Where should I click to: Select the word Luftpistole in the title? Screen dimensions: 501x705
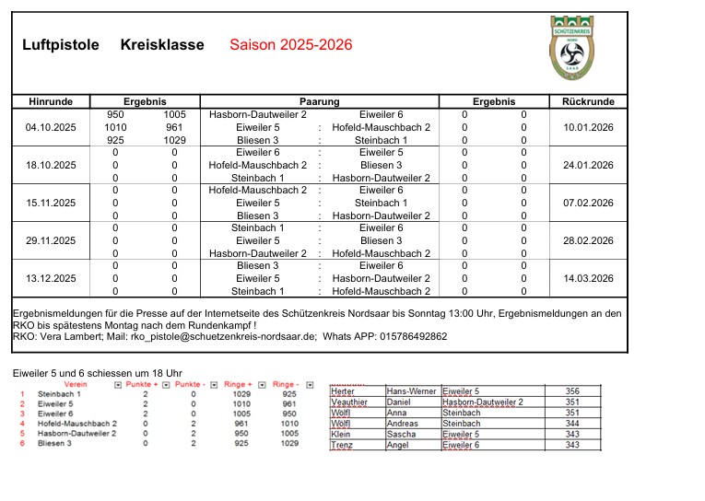[x=61, y=45]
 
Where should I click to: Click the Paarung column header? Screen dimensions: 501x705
[x=320, y=101]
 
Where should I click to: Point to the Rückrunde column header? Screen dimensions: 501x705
[x=588, y=101]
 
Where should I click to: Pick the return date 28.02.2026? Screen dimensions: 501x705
[x=588, y=240]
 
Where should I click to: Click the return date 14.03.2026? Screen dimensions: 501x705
[x=588, y=278]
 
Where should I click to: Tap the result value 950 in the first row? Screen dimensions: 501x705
[x=116, y=114]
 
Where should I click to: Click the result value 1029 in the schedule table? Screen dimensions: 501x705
[x=174, y=140]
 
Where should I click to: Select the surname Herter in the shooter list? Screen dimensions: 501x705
[x=342, y=391]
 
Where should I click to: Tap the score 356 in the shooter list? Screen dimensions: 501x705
[x=572, y=391]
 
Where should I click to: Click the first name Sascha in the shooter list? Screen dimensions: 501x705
[x=401, y=435]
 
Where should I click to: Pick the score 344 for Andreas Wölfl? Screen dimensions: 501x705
[x=572, y=424]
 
